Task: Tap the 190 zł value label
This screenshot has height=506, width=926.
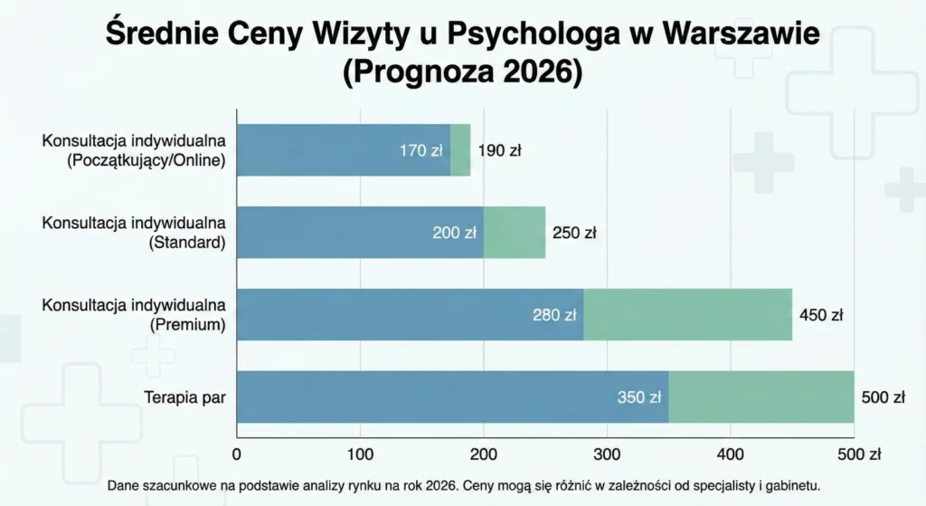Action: (500, 150)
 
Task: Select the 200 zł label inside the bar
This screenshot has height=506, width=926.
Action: (454, 233)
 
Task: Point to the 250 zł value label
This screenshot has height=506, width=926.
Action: (574, 233)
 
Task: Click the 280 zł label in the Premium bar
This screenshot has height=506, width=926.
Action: (554, 315)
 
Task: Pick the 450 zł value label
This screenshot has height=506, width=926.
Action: (821, 315)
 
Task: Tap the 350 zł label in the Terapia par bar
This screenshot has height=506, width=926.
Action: (639, 396)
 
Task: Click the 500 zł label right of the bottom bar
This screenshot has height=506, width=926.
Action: (883, 396)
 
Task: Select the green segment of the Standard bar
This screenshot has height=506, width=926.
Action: (515, 233)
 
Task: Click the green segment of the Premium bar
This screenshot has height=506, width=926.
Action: (687, 315)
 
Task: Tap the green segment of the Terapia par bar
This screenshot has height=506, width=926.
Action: (761, 396)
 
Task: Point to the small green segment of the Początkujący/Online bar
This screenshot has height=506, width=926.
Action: (460, 150)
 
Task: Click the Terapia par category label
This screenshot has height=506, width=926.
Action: (184, 396)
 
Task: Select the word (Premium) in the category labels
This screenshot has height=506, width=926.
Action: (187, 323)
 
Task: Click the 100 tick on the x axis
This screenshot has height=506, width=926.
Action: (360, 453)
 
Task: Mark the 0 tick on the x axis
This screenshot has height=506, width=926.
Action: (237, 453)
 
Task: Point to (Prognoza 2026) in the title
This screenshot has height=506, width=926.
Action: (462, 72)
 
